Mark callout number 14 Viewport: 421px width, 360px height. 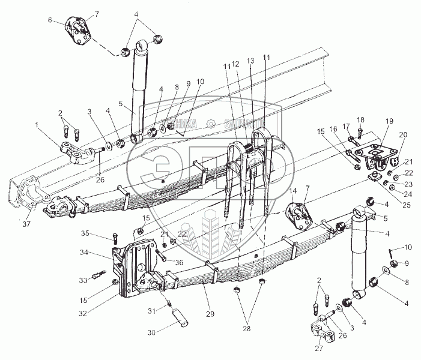292,190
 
